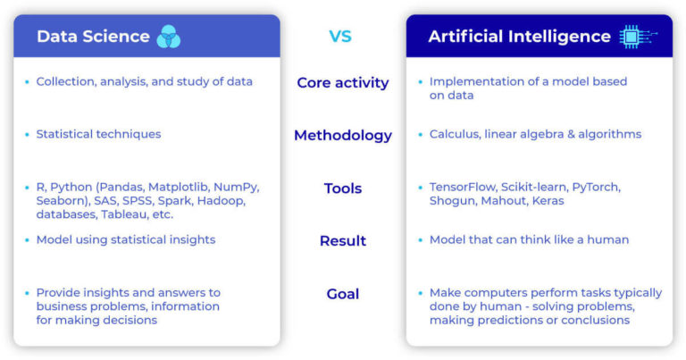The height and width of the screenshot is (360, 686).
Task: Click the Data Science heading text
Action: click(93, 37)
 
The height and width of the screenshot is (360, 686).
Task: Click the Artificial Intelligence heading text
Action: click(519, 37)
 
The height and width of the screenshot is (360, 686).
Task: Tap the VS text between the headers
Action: click(340, 37)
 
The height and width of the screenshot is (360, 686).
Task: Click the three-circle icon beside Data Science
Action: click(168, 37)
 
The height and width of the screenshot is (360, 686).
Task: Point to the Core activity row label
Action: click(342, 83)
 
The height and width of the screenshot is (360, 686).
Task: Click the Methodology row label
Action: click(342, 136)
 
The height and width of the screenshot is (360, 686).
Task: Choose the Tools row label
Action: click(342, 188)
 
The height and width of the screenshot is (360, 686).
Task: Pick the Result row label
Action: click(342, 241)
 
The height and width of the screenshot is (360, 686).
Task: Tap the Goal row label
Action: click(342, 294)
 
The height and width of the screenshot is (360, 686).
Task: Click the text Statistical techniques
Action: click(98, 134)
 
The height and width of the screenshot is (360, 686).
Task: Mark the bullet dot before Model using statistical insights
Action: click(26, 240)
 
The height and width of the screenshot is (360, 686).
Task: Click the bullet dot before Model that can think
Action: click(419, 240)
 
